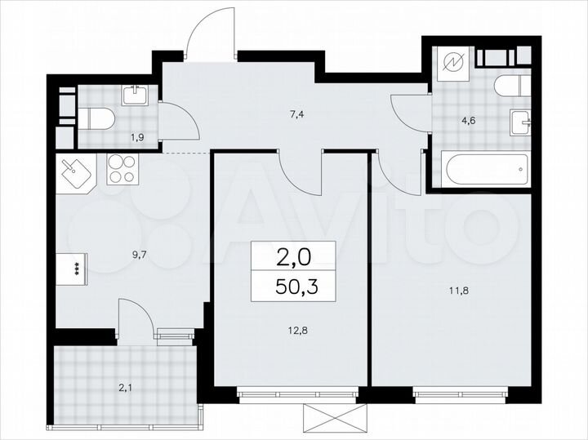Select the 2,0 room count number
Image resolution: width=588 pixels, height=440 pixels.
coord(292,259)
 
